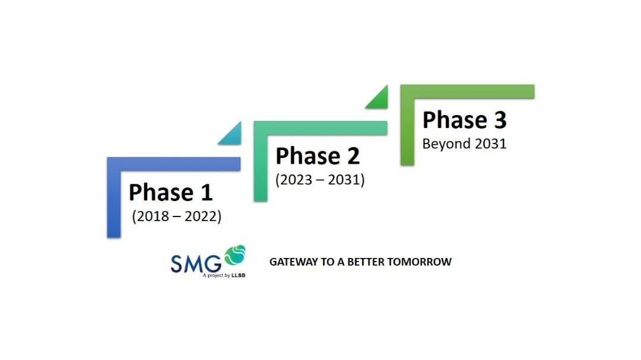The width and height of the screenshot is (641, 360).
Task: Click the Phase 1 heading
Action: (171, 193)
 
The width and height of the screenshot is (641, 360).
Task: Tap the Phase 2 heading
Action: (318, 156)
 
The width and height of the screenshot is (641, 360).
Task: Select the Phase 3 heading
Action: (464, 120)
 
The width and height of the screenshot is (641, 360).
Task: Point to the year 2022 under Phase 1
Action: (201, 216)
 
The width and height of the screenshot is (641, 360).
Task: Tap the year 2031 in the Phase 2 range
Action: (344, 180)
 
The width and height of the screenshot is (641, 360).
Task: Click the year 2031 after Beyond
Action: (491, 144)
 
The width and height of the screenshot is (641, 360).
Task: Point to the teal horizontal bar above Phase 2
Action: (320, 128)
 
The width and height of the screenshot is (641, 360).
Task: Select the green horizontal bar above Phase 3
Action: (467, 91)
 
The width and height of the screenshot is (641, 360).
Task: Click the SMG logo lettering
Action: (196, 263)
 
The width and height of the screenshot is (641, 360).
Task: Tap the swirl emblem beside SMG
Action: (234, 254)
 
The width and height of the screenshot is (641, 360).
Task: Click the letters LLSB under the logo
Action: (239, 275)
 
